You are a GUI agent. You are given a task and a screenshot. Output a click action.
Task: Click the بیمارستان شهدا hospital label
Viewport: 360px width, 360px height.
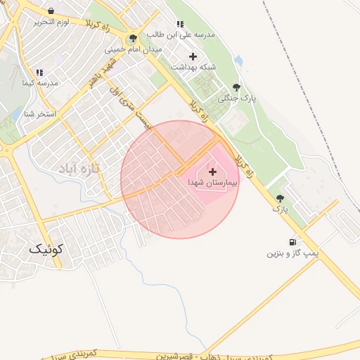[212, 182]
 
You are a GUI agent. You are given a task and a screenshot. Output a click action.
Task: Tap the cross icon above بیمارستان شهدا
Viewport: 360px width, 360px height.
[212, 171]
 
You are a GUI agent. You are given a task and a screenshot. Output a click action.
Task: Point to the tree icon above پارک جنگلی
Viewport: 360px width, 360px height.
[236, 88]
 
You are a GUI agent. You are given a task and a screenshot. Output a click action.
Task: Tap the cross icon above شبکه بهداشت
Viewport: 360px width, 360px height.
[193, 56]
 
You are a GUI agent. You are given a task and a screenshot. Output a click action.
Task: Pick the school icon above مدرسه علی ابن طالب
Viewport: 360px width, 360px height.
[181, 24]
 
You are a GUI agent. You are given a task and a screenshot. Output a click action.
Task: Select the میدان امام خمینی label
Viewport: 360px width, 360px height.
[134, 50]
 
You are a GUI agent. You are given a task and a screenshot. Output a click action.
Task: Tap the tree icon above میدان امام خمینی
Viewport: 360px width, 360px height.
[134, 39]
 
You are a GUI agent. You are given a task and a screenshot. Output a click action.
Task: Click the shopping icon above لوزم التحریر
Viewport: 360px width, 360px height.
[51, 11]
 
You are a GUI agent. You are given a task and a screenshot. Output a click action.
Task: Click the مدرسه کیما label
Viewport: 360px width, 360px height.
[39, 83]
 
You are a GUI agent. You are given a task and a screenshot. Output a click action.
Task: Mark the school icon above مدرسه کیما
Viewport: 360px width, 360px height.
[39, 72]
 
